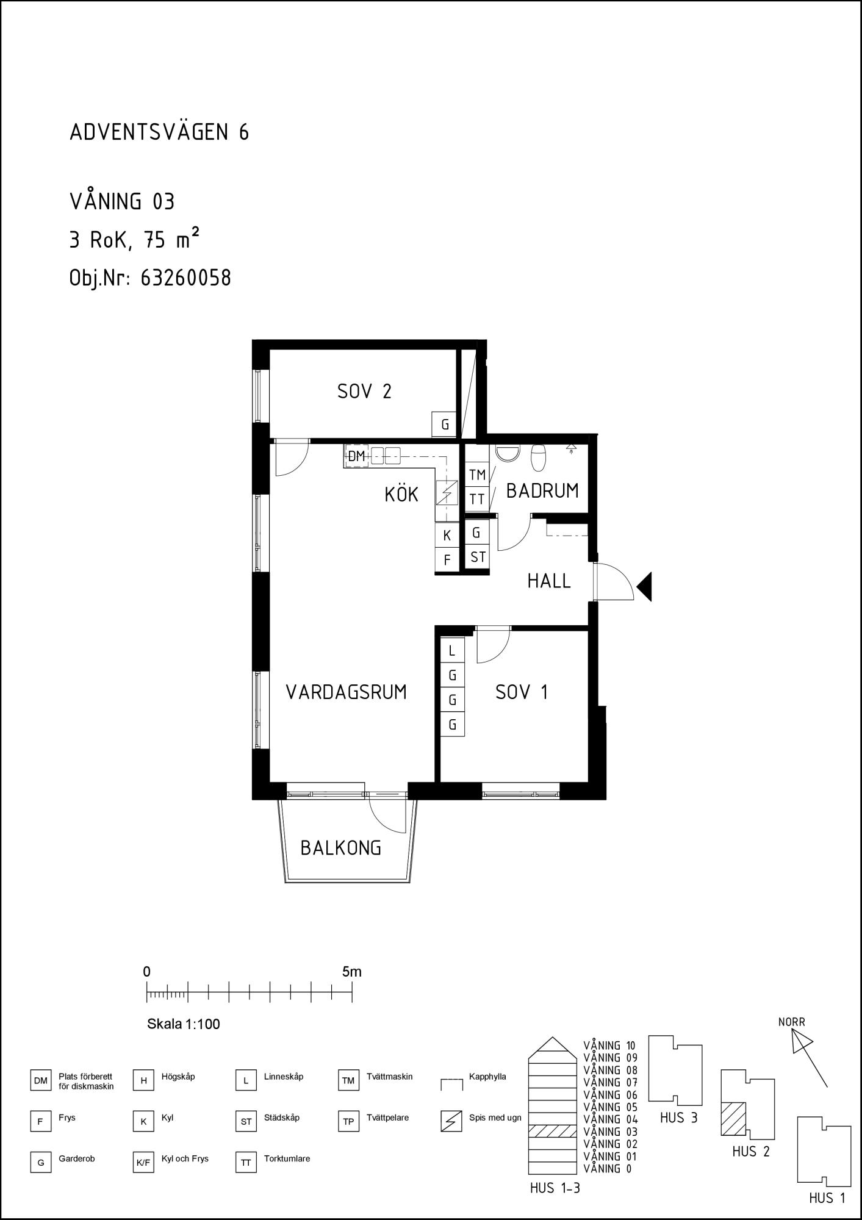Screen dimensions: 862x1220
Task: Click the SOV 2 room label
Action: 364,391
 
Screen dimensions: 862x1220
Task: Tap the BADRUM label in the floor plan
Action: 542,490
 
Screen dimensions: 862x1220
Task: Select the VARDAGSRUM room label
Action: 347,692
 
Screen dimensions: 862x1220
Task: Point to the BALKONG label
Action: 341,847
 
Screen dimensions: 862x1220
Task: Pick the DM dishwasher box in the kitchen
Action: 356,456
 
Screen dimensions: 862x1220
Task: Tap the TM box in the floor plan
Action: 477,475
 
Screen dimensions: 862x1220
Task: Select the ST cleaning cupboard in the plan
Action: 478,556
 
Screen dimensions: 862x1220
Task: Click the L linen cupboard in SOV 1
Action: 452,651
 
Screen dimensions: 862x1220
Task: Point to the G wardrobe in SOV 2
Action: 445,425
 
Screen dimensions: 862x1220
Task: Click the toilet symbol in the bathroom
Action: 538,458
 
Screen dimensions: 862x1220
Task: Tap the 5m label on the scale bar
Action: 352,972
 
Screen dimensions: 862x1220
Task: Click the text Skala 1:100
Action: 184,1024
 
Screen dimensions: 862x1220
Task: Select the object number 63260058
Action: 186,278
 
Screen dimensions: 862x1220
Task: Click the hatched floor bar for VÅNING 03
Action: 552,1131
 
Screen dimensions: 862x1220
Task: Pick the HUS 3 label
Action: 678,1118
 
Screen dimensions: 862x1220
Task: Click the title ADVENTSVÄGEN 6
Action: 160,132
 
